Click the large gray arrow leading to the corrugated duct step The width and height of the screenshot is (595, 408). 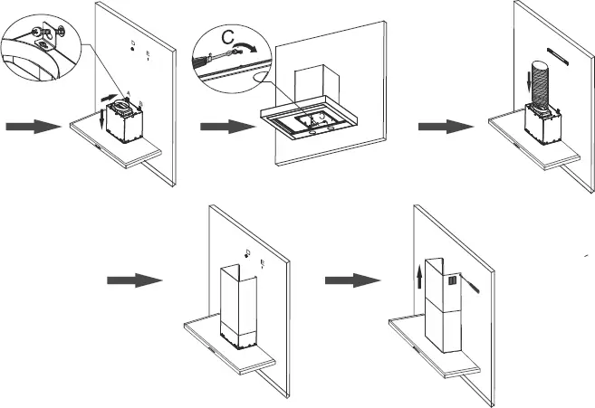click(440, 128)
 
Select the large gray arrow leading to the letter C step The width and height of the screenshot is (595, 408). click(223, 128)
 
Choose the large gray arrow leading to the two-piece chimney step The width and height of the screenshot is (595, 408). click(348, 280)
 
